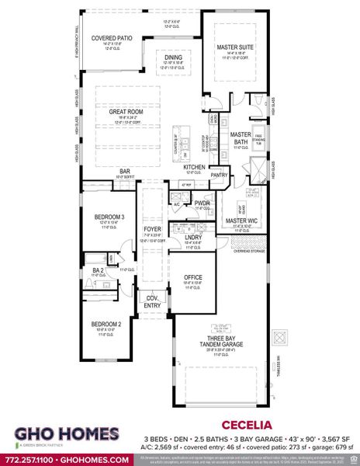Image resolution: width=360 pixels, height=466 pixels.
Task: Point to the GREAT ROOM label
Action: [126, 112]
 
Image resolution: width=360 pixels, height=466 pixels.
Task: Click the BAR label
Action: [123, 171]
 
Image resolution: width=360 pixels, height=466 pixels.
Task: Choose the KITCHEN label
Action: [194, 167]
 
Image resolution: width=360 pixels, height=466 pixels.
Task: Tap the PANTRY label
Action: [219, 175]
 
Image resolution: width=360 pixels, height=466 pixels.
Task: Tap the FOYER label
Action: [151, 230]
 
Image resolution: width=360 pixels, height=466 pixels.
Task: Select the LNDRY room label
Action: [192, 237]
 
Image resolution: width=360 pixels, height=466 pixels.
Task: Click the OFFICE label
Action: [193, 277]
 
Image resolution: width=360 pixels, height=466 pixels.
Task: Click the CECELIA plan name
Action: [247, 426]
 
